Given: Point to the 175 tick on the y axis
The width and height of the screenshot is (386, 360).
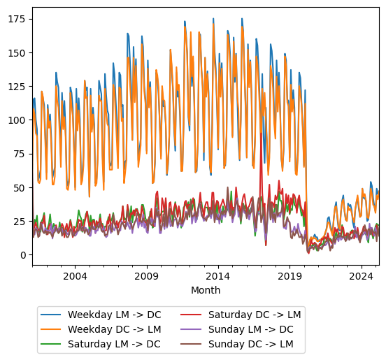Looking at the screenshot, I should tap(16, 19).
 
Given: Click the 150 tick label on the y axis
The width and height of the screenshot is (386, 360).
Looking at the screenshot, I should tap(16, 52).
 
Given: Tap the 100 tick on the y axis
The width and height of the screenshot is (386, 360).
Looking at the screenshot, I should tap(16, 120).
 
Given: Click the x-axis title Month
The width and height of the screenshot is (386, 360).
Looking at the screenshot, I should tap(206, 290).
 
